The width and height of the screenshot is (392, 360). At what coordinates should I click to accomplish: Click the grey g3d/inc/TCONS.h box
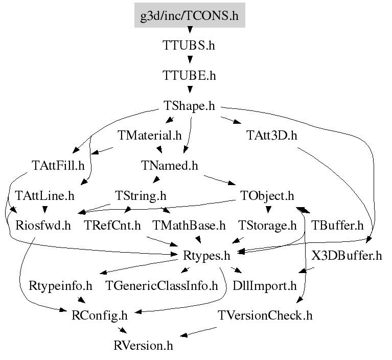pos(189,16)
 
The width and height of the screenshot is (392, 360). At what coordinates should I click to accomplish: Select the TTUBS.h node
pos(189,46)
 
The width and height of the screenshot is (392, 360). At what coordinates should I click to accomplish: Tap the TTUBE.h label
pos(189,76)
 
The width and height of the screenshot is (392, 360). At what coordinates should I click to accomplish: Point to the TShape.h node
pos(189,106)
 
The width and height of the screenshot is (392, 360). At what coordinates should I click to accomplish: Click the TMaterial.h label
pos(150,136)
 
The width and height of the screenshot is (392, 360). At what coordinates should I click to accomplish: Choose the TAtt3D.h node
pos(271,136)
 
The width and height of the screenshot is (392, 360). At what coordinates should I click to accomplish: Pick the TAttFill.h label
pos(57,166)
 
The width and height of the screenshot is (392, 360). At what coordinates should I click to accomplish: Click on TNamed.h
pos(169,166)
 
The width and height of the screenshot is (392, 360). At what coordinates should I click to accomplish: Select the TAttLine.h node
pos(45,195)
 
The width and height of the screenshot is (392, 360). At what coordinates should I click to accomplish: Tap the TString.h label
pos(141,195)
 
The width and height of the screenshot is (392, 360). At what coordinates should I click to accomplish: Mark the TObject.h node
pos(267,195)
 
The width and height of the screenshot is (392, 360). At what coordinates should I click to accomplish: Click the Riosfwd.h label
pos(43,225)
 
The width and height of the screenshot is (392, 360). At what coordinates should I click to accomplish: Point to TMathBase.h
pos(189,225)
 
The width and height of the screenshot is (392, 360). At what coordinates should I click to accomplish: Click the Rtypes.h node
pos(206,255)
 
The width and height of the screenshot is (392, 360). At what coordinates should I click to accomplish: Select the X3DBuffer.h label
pos(347,255)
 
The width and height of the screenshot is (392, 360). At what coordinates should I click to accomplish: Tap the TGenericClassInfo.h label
pos(162,285)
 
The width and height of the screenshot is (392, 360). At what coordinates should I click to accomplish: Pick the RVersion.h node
pos(144,345)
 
